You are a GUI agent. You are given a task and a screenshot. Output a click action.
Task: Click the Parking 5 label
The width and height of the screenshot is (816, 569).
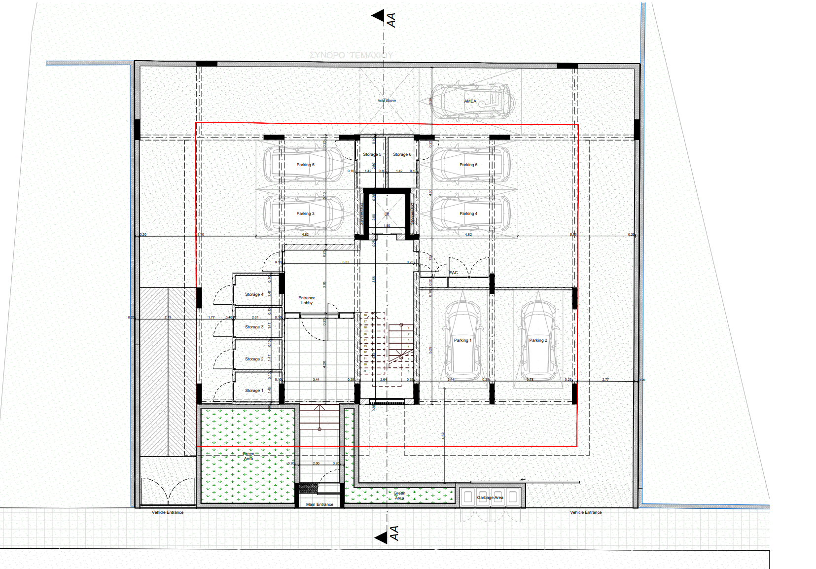[x=305, y=165]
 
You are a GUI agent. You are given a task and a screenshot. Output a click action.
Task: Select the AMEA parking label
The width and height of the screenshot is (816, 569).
[x=470, y=101]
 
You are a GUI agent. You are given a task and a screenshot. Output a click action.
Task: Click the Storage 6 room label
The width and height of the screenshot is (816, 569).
[x=402, y=154]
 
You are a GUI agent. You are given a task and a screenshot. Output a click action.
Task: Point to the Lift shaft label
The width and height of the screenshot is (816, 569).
[x=387, y=214]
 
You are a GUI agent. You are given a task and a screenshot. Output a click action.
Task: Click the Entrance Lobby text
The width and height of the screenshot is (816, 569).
[x=307, y=300]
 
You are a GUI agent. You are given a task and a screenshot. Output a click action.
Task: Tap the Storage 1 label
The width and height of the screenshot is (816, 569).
[x=254, y=391]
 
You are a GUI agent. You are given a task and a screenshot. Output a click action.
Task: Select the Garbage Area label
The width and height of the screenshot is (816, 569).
[x=490, y=498]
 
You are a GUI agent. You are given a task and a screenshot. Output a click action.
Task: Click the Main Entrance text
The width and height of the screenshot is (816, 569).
[x=319, y=504]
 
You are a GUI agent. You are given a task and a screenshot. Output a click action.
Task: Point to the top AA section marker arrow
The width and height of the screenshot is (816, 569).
[x=378, y=16]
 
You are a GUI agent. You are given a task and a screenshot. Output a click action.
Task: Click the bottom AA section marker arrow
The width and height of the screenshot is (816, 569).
[x=381, y=537]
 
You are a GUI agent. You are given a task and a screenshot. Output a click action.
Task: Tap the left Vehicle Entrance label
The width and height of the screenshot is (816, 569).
[x=168, y=512]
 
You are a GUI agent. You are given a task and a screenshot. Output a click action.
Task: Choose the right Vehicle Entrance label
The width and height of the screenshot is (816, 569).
[x=586, y=512]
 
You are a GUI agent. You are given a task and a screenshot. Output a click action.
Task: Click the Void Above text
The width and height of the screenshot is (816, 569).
[x=387, y=101]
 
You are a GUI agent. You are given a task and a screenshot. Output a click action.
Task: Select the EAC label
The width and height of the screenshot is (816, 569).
[x=454, y=273]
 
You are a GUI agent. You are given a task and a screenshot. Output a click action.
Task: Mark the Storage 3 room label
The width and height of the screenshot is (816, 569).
[x=254, y=327]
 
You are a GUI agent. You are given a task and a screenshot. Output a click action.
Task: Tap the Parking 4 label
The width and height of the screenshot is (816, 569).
[x=468, y=213]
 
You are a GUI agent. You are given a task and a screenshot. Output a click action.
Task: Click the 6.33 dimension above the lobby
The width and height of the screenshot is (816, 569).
[x=346, y=262]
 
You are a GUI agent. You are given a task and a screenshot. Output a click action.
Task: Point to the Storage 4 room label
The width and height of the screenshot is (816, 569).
[x=254, y=294]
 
